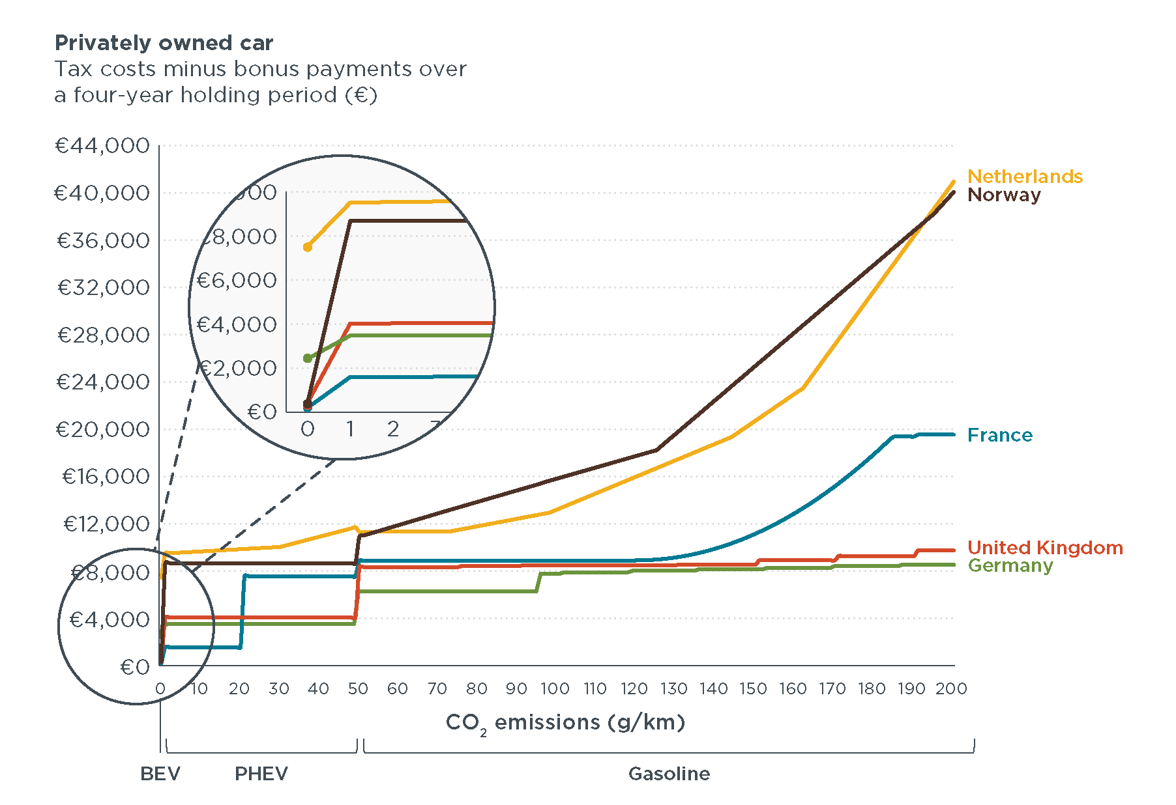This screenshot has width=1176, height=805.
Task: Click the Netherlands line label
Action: click(x=1024, y=177)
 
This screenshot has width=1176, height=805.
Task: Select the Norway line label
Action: click(x=1003, y=195)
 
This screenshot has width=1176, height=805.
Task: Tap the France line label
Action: click(x=999, y=435)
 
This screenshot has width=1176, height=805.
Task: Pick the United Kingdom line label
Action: click(x=1044, y=548)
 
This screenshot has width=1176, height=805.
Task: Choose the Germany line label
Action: click(x=1010, y=565)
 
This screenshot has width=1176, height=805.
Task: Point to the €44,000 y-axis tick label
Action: click(x=102, y=145)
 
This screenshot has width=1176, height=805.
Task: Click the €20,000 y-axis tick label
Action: click(x=102, y=429)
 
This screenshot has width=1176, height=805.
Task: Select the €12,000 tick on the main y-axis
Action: click(x=106, y=524)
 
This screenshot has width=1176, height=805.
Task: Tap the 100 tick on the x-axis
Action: click(x=555, y=689)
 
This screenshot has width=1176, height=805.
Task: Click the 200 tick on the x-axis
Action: click(x=951, y=689)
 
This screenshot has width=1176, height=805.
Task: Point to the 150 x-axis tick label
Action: click(x=753, y=689)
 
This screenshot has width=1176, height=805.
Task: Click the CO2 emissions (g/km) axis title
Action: click(x=565, y=723)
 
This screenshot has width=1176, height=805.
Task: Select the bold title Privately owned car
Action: click(x=164, y=43)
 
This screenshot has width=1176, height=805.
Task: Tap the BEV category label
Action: click(x=160, y=774)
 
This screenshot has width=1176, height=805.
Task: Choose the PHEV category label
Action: click(x=261, y=774)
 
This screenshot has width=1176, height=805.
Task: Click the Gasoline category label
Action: click(x=669, y=774)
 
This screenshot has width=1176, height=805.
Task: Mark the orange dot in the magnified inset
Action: click(x=308, y=247)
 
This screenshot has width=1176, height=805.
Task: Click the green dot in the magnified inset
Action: click(x=308, y=358)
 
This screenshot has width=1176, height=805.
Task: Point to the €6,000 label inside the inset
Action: click(x=237, y=281)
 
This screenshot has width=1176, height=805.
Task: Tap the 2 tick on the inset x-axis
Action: click(x=393, y=429)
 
